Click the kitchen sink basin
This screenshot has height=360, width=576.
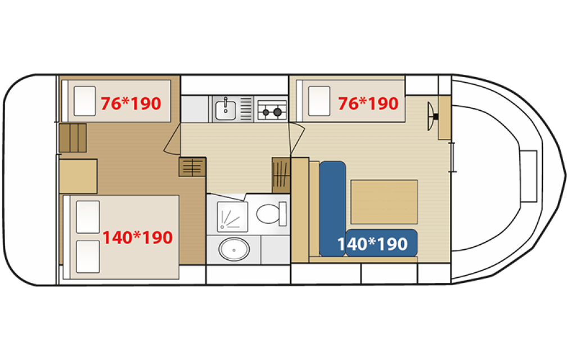(x=226, y=110)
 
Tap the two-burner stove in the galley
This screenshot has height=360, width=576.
(x=272, y=110)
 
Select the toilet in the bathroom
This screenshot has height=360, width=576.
(x=272, y=214)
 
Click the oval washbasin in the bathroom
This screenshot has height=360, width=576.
(x=234, y=249)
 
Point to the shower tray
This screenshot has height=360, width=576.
(x=232, y=217)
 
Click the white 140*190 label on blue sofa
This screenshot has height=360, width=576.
(x=372, y=244)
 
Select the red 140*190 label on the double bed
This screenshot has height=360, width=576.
(x=137, y=238)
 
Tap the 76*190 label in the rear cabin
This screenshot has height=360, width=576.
(x=130, y=103)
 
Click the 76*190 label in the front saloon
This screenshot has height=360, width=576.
(x=368, y=103)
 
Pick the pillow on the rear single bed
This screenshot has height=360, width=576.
(x=84, y=101)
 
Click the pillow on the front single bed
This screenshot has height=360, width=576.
(x=319, y=101)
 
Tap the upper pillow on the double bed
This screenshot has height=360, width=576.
(x=88, y=217)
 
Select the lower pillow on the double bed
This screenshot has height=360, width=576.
(x=88, y=256)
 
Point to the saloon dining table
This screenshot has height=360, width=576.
(x=384, y=202)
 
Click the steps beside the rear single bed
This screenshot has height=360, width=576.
(x=73, y=138)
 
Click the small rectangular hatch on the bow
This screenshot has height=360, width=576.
(x=529, y=176)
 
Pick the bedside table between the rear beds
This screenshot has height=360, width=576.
(x=78, y=176)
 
